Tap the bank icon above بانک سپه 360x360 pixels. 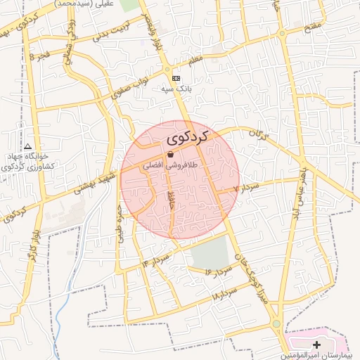176,78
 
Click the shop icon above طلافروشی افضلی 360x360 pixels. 170,155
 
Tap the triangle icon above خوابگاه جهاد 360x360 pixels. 28,146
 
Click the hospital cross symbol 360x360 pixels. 316,345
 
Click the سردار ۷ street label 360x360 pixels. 247,187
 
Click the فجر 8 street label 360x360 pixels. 40,54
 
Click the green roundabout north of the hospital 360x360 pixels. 276,323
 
